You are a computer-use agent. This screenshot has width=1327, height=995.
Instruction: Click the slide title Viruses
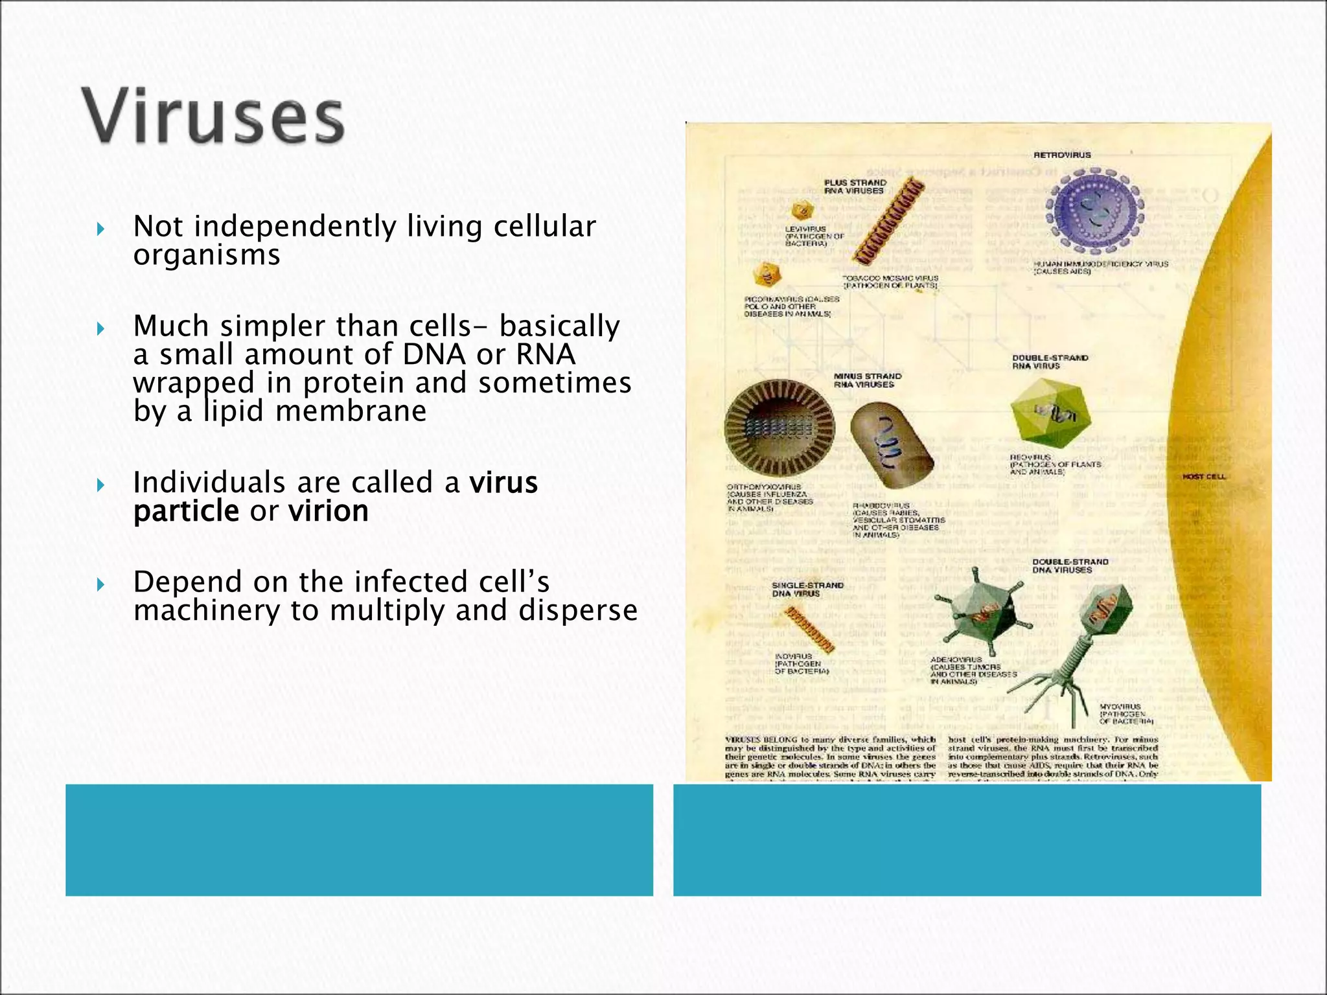pos(213,119)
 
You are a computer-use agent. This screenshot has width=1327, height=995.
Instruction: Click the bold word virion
pos(329,511)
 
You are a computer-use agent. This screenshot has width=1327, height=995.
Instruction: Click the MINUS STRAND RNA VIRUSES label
pos(867,380)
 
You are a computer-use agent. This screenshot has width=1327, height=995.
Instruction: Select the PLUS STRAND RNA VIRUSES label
pos(855,187)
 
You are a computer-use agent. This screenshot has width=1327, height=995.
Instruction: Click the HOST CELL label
pos(1204,477)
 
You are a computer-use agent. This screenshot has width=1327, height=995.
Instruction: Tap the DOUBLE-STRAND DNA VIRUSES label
pos(1070,566)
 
